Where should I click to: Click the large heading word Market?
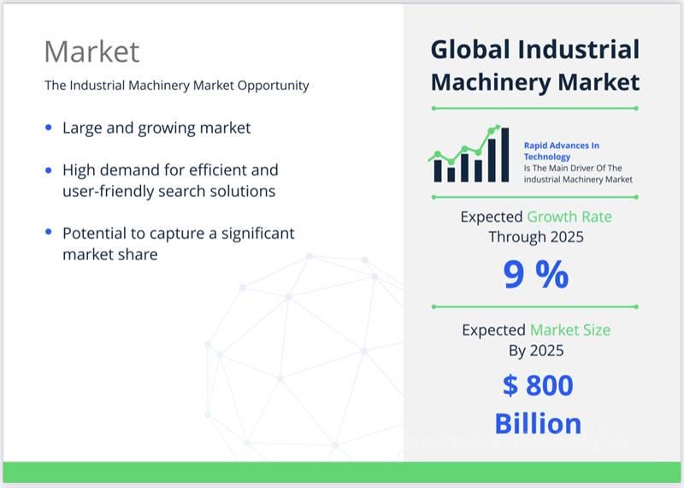(x=91, y=51)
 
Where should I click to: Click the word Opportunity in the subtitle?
(x=273, y=86)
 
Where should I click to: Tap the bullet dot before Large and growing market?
(x=49, y=128)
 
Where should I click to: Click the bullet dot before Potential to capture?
(x=49, y=231)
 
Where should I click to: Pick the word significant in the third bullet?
(x=258, y=234)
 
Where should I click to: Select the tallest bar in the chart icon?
(x=504, y=155)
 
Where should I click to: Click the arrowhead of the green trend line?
(x=498, y=127)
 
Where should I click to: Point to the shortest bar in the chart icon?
(x=451, y=175)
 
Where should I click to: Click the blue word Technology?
(x=547, y=157)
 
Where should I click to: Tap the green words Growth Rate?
(x=569, y=217)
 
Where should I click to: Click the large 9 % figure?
(x=536, y=274)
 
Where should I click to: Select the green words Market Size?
(x=570, y=330)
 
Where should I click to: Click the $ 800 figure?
(x=538, y=385)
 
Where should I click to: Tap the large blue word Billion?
(x=538, y=424)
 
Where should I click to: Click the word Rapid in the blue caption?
(x=535, y=146)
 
